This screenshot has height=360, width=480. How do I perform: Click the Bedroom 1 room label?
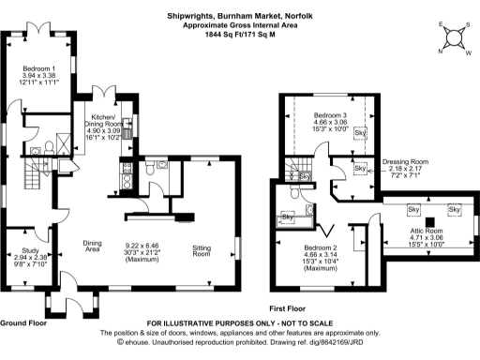point(39,68)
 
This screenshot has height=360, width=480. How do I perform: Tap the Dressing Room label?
point(404,161)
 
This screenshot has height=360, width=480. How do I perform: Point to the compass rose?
point(454,37)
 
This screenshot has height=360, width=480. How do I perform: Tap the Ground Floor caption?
point(23,322)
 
